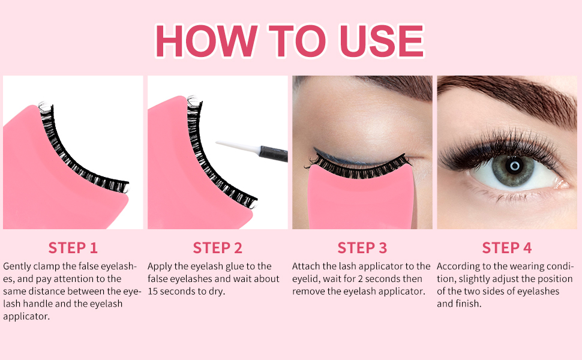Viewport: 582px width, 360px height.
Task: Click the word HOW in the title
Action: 206,41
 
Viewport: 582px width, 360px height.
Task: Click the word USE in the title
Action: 382,41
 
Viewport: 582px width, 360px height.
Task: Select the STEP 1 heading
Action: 73,248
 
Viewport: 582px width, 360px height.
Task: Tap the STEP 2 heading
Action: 218,248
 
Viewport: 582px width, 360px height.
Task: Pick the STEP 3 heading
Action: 362,248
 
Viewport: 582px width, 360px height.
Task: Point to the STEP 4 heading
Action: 506,248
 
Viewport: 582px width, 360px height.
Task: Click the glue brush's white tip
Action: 237,146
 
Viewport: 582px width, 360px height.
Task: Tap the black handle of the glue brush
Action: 274,153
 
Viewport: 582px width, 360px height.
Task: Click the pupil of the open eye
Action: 514,166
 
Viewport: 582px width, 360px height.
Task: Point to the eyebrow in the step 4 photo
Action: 509,97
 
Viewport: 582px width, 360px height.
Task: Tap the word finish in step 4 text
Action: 468,304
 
